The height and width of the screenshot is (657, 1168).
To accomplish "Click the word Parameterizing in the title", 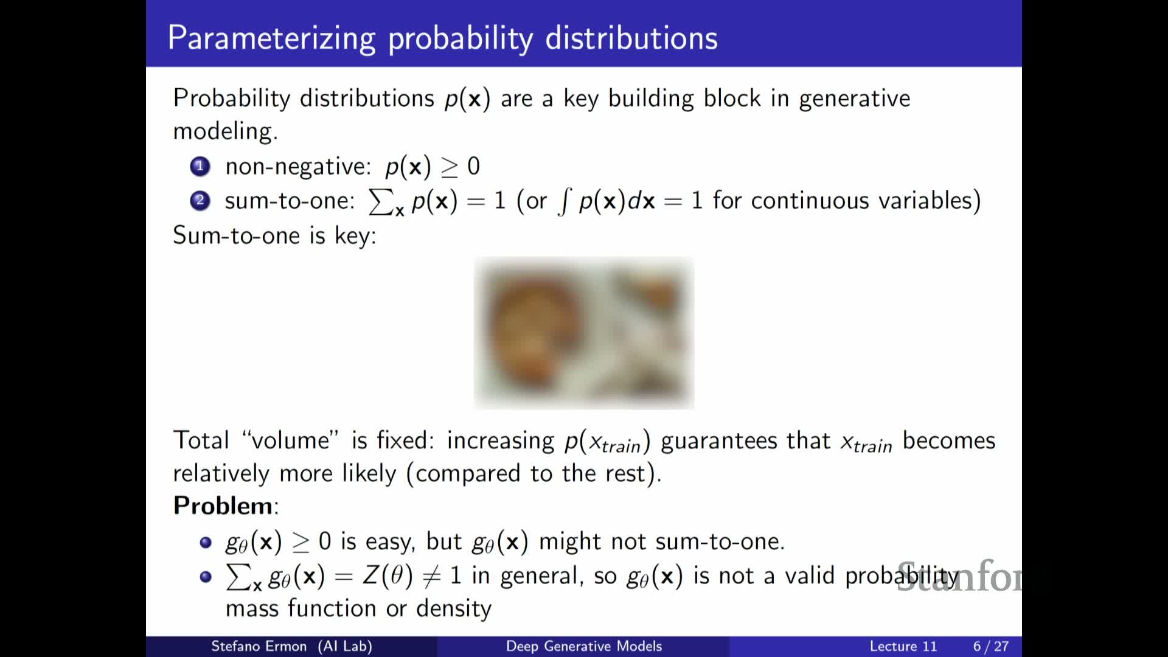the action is pyautogui.click(x=271, y=38).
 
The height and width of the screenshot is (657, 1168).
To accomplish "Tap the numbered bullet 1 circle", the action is pyautogui.click(x=200, y=166).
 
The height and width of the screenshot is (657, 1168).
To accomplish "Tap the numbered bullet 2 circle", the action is pyautogui.click(x=200, y=200).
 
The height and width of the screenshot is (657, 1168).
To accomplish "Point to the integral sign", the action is pyautogui.click(x=565, y=201).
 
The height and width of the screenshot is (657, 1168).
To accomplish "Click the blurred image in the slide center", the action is pyautogui.click(x=584, y=333).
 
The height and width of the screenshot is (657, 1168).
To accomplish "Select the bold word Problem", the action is pyautogui.click(x=223, y=506).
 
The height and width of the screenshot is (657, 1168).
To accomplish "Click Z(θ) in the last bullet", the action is pyautogui.click(x=388, y=575).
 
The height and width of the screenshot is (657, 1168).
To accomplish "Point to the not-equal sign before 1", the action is pyautogui.click(x=431, y=575).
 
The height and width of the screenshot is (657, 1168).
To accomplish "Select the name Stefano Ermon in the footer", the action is pyautogui.click(x=259, y=646).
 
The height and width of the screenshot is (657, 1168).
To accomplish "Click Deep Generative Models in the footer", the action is pyautogui.click(x=584, y=646).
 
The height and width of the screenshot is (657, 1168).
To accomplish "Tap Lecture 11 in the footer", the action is pyautogui.click(x=903, y=646).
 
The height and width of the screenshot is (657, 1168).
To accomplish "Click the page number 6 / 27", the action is pyautogui.click(x=991, y=646).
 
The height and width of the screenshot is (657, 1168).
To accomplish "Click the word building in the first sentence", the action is pyautogui.click(x=651, y=99).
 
